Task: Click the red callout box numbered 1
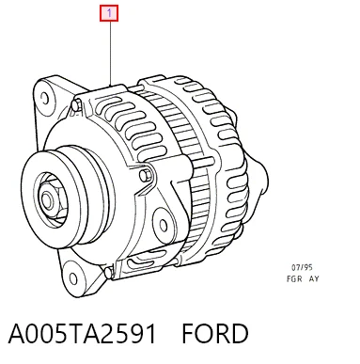click(109, 13)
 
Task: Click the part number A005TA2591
click(82, 334)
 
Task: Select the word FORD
click(215, 334)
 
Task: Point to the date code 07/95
click(302, 267)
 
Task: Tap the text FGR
click(294, 278)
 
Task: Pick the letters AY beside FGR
click(314, 278)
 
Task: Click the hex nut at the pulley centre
click(50, 199)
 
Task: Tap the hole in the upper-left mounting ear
click(45, 99)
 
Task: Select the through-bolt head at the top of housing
click(77, 104)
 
